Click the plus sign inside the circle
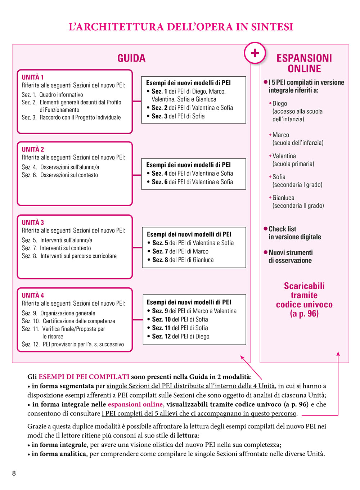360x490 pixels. click(255, 53)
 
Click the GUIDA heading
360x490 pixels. click(131, 58)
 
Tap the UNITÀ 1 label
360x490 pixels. click(33, 77)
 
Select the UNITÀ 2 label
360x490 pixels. click(33, 149)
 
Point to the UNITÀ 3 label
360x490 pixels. click(33, 222)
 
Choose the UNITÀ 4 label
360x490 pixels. click(33, 295)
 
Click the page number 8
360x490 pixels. click(14, 473)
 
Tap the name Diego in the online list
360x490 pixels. click(280, 104)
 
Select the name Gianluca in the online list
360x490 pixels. click(283, 198)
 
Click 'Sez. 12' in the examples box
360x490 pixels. click(161, 336)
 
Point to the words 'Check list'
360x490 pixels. click(282, 229)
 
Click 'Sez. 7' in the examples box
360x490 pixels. click(160, 251)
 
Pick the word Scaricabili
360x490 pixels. click(304, 286)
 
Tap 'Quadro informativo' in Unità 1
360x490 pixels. click(61, 95)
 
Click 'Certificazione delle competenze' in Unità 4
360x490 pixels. click(79, 321)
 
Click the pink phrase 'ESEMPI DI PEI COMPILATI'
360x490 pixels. click(84, 377)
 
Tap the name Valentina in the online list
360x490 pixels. click(284, 156)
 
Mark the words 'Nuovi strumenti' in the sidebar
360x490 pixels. click(291, 252)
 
